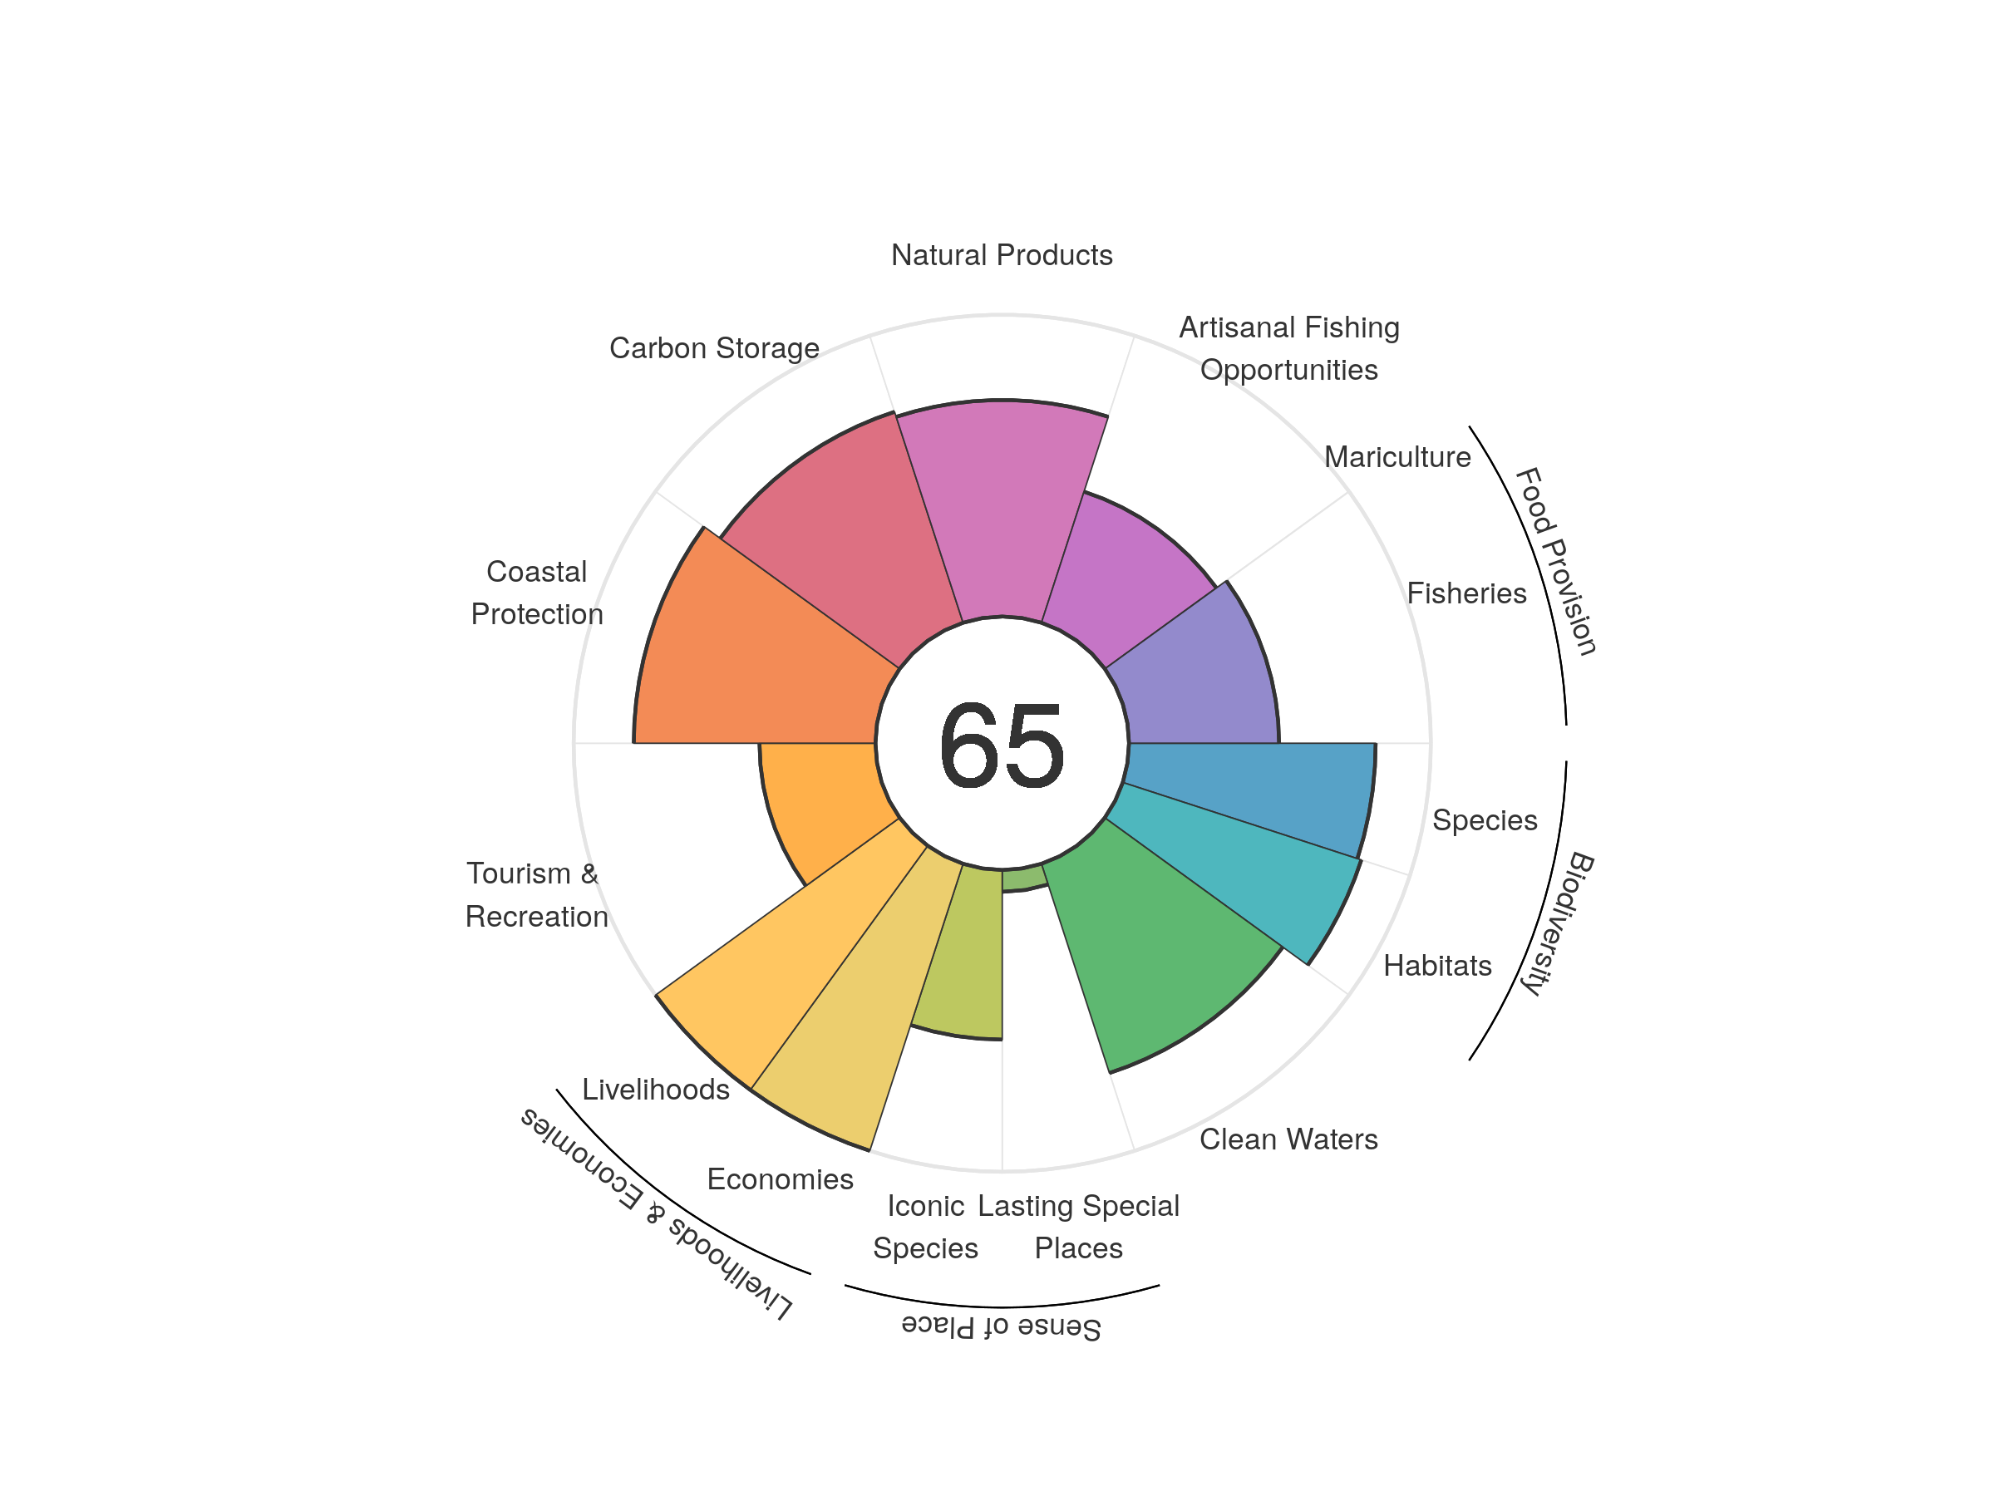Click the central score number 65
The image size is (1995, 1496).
(1001, 746)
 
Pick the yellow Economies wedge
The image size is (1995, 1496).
(857, 992)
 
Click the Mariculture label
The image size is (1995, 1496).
(1397, 457)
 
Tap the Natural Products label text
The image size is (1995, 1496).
(1001, 255)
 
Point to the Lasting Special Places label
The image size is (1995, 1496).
(1079, 1227)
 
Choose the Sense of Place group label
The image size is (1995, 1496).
(1001, 1326)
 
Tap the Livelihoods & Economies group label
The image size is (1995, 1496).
(657, 1213)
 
